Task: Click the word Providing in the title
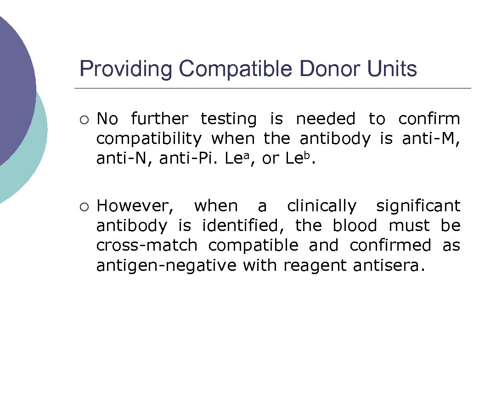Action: pyautogui.click(x=126, y=69)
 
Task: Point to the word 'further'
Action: pyautogui.click(x=159, y=119)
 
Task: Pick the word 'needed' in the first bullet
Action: pyautogui.click(x=326, y=119)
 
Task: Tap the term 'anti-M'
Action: pyautogui.click(x=431, y=139)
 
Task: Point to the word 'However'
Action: pyautogui.click(x=135, y=206)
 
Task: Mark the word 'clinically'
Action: pyautogui.click(x=321, y=207)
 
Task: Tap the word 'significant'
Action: pyautogui.click(x=418, y=207)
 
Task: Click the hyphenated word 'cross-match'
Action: pyautogui.click(x=147, y=246)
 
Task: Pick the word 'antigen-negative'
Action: pyautogui.click(x=166, y=266)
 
